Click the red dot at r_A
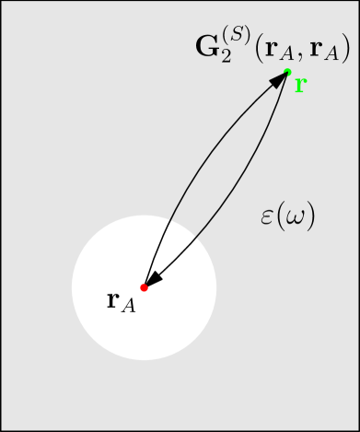[x=144, y=287]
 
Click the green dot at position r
[x=288, y=72]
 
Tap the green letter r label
[x=300, y=85]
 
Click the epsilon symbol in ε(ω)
[x=268, y=218]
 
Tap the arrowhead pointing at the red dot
[x=153, y=279]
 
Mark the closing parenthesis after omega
[x=310, y=218]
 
